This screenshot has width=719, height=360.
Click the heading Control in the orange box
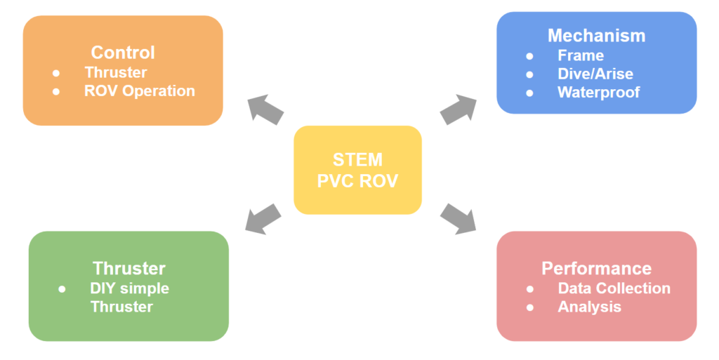coord(123,52)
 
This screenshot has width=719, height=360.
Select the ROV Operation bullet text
coord(139,91)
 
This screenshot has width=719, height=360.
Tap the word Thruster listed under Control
coord(116,72)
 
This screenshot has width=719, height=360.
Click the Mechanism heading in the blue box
coord(596,35)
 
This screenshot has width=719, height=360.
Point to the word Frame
coord(581,55)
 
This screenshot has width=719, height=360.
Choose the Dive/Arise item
coord(595,74)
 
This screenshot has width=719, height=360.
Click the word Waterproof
coord(598,92)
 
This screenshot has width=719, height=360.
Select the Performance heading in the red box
coord(596,268)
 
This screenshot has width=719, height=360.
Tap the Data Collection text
coord(614,288)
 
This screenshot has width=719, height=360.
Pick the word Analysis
coord(589,307)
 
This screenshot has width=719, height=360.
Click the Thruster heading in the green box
coord(129,268)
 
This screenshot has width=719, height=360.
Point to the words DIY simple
coord(129,288)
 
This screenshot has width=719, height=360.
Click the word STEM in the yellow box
coord(357,159)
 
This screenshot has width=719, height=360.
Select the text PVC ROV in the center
coord(357,180)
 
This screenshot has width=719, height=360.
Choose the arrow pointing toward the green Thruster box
coord(263,218)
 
